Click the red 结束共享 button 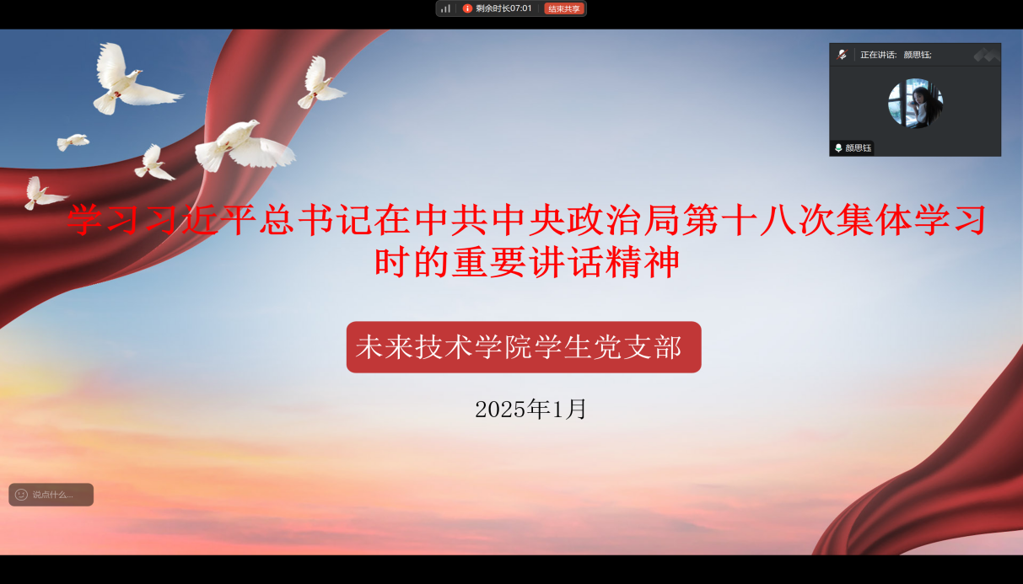click(564, 8)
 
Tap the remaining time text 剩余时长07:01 click(503, 8)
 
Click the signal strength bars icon click(446, 8)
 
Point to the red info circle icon click(467, 8)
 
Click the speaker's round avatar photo click(915, 103)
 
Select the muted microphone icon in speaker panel click(842, 55)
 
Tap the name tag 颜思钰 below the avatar click(853, 147)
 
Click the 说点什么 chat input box click(51, 495)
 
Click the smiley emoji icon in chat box click(21, 495)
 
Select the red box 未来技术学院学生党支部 click(524, 347)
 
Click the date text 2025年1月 click(530, 409)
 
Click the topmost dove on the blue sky click(132, 79)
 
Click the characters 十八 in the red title click(758, 220)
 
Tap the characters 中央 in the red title click(527, 220)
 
